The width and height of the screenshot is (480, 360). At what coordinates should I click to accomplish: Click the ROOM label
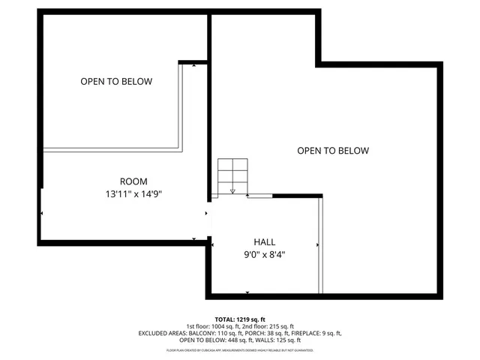coord(133,181)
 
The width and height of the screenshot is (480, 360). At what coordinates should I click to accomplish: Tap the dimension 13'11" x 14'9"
coord(133,193)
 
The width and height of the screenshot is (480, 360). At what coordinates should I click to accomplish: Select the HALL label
coord(264,242)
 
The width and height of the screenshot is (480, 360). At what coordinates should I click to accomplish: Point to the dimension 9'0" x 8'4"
coord(264,254)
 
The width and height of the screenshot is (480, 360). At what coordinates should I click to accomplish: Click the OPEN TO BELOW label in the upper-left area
coord(116,81)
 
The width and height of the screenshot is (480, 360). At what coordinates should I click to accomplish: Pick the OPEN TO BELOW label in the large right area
coord(333,151)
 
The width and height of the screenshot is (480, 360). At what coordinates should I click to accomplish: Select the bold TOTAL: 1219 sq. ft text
coord(240,319)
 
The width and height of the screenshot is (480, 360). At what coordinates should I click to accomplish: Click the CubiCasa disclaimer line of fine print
coord(240,350)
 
